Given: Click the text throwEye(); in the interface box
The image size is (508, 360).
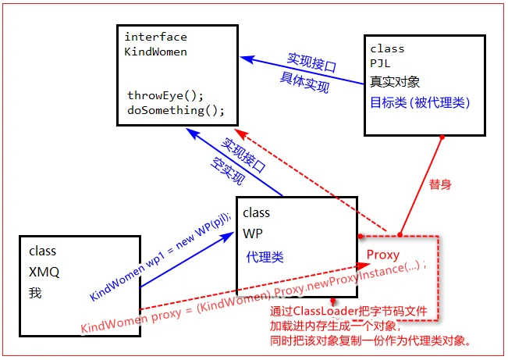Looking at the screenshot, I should [165, 95].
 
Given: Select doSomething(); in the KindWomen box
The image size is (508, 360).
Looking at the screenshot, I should [176, 110].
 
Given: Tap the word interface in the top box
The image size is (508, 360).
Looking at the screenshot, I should [156, 37].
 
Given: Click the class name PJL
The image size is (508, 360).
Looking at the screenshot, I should [380, 63].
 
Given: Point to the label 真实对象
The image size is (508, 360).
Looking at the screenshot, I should [396, 81].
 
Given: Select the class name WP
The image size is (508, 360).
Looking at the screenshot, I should [253, 233].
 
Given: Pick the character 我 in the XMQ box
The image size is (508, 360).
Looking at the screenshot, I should [35, 294].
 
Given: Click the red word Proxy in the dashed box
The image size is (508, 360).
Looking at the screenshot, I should [383, 255].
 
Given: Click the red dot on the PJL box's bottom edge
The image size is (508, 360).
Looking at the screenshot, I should [442, 137].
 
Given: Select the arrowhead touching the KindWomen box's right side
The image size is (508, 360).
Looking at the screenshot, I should [243, 57].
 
